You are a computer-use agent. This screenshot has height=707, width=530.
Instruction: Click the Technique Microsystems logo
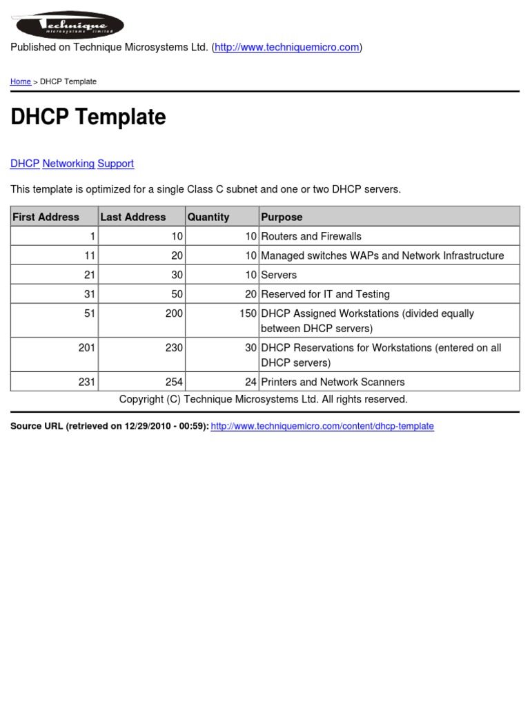68,26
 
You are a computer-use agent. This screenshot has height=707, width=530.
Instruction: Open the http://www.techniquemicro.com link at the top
286,47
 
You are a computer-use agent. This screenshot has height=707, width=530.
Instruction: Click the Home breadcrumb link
20,81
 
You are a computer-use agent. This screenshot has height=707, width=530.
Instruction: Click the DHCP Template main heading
88,117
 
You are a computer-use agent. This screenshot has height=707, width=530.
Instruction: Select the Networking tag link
68,164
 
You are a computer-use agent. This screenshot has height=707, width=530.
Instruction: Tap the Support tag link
115,164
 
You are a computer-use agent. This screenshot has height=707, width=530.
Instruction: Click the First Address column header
46,217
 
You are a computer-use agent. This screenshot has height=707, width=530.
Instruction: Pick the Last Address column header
133,217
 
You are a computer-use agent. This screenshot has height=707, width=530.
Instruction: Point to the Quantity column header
208,217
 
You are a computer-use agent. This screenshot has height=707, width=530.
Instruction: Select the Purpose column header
282,217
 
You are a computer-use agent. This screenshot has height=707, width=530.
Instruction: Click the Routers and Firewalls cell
311,236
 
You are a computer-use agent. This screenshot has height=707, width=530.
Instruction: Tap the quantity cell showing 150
248,313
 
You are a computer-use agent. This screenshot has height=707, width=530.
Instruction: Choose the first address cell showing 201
87,348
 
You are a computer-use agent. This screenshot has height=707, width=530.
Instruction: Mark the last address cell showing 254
174,382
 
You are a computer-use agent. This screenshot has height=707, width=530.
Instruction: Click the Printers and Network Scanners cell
333,382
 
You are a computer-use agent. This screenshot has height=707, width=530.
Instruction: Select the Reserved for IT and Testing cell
325,294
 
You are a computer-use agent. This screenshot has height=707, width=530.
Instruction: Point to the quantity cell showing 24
251,382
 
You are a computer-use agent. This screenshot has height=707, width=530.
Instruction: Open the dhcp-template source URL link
322,426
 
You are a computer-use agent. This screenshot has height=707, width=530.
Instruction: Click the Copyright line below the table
263,399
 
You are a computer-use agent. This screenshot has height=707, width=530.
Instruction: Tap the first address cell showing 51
90,313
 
